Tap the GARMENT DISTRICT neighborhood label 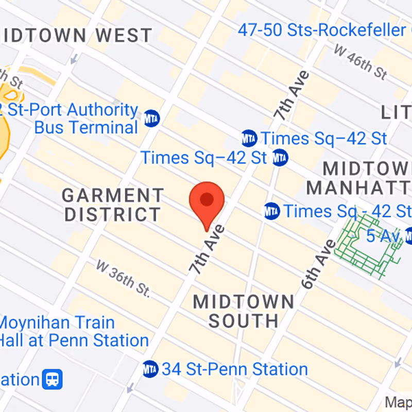[113, 204]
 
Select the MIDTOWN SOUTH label [244, 311]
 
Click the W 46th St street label [360, 61]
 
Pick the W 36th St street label [123, 279]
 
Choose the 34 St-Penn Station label [235, 369]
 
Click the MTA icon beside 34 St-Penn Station [150, 369]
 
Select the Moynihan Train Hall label [72, 332]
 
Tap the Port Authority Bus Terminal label [77, 118]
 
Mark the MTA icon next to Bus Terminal [152, 118]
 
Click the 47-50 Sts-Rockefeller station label [321, 30]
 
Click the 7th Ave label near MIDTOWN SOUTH [207, 249]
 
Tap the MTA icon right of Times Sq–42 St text [280, 157]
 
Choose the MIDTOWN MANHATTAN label [360, 178]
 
